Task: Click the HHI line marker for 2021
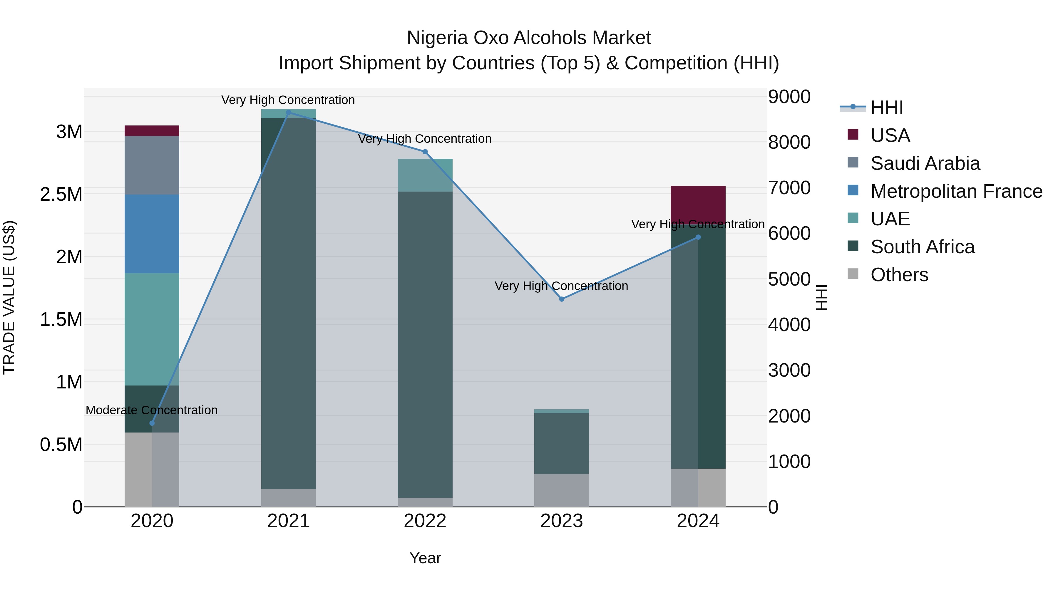click(288, 113)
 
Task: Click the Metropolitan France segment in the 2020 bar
click(152, 234)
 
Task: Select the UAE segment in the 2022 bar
click(425, 175)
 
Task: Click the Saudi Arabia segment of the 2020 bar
click(152, 165)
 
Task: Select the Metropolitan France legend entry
click(956, 191)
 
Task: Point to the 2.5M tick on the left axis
click(61, 195)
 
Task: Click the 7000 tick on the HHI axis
click(789, 188)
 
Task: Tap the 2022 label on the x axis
click(425, 521)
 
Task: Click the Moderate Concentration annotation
click(152, 410)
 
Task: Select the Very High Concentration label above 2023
click(561, 286)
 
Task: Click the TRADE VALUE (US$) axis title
click(9, 297)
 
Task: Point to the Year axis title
click(425, 558)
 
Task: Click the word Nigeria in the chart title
click(437, 38)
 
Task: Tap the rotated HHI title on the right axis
click(821, 297)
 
